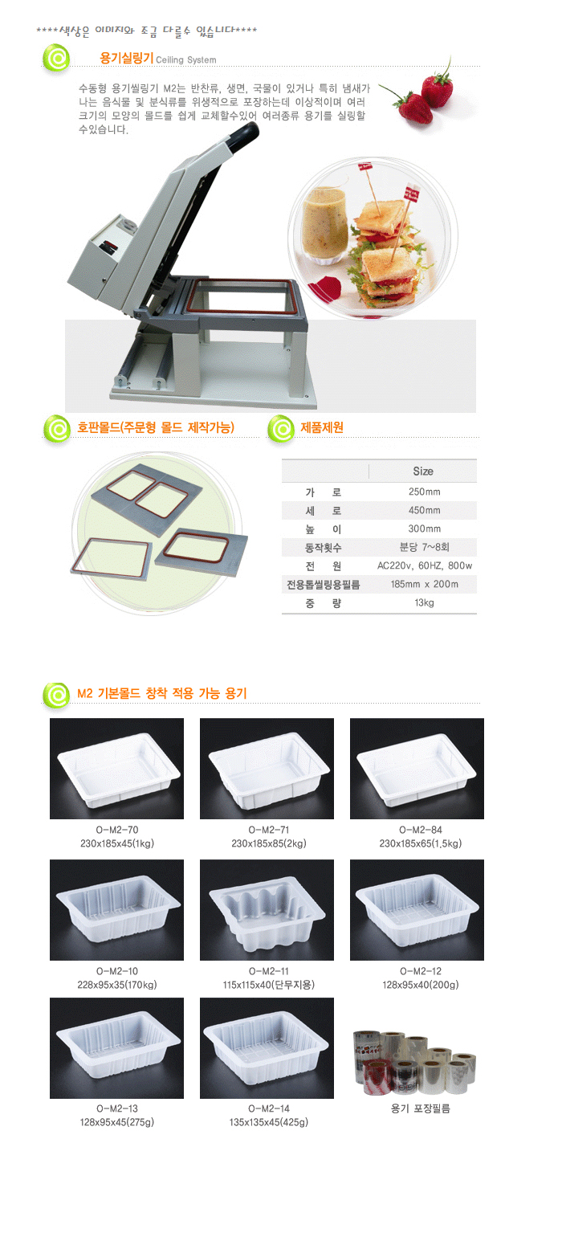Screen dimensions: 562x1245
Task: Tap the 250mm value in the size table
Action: coord(424,492)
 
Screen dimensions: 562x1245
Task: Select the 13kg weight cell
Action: coord(424,602)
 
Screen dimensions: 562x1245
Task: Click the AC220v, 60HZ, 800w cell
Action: coord(424,565)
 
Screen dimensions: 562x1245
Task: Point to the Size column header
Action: coord(422,471)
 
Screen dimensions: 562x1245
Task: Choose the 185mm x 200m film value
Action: coord(424,584)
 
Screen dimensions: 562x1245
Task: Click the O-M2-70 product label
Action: coord(116,830)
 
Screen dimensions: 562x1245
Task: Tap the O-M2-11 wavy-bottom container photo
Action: coord(267,910)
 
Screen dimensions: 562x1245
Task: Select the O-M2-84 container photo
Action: coord(417,769)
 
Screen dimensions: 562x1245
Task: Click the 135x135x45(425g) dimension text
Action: coord(268,1122)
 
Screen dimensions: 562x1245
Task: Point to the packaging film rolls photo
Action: coord(414,1061)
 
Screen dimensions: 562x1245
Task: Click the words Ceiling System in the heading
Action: coord(186,60)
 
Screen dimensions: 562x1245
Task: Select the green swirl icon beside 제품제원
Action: coord(281,429)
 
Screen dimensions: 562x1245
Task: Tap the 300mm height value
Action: coord(424,529)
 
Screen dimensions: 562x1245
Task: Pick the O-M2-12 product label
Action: coord(421,971)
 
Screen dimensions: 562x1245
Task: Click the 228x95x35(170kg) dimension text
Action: coord(116,985)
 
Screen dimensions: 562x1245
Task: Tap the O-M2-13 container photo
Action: coord(116,1047)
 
